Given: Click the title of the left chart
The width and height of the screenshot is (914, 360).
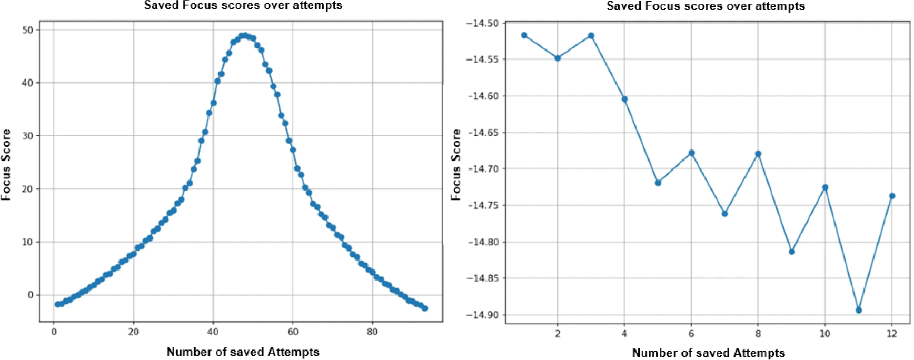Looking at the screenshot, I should tap(243, 6).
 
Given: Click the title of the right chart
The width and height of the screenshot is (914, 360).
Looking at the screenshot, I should tap(706, 6).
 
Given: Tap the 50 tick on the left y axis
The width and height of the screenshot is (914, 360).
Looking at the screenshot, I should tap(27, 30).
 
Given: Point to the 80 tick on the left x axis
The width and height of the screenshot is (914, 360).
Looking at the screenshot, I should tap(372, 332).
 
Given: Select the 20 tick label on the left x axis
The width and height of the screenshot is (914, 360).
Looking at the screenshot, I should tap(133, 332).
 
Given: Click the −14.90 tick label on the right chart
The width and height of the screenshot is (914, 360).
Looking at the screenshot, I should tap(482, 315).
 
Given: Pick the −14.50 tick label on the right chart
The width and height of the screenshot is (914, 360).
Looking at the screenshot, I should tap(482, 23).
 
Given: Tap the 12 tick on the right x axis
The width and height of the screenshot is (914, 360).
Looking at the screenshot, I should tap(892, 334).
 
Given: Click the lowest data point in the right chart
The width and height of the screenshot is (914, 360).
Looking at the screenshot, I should tap(859, 310).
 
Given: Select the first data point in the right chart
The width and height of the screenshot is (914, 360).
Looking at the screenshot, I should tap(524, 35).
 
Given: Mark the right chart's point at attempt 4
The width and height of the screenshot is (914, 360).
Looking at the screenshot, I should tap(624, 99).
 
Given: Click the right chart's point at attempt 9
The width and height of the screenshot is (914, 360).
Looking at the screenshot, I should tap(791, 252).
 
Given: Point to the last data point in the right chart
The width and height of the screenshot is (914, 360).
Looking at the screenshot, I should tap(892, 196).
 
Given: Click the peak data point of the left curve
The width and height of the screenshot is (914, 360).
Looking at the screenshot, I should tap(244, 35).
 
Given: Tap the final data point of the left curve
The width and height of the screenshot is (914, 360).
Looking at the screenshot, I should tap(425, 308).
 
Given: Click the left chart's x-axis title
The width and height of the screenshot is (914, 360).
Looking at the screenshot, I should tap(243, 352).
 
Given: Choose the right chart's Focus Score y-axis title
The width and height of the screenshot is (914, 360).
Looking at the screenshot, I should tap(456, 164).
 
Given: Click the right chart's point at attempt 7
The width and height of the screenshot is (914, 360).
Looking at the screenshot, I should tap(724, 214).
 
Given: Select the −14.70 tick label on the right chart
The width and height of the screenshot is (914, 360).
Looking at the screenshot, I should tap(482, 169).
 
